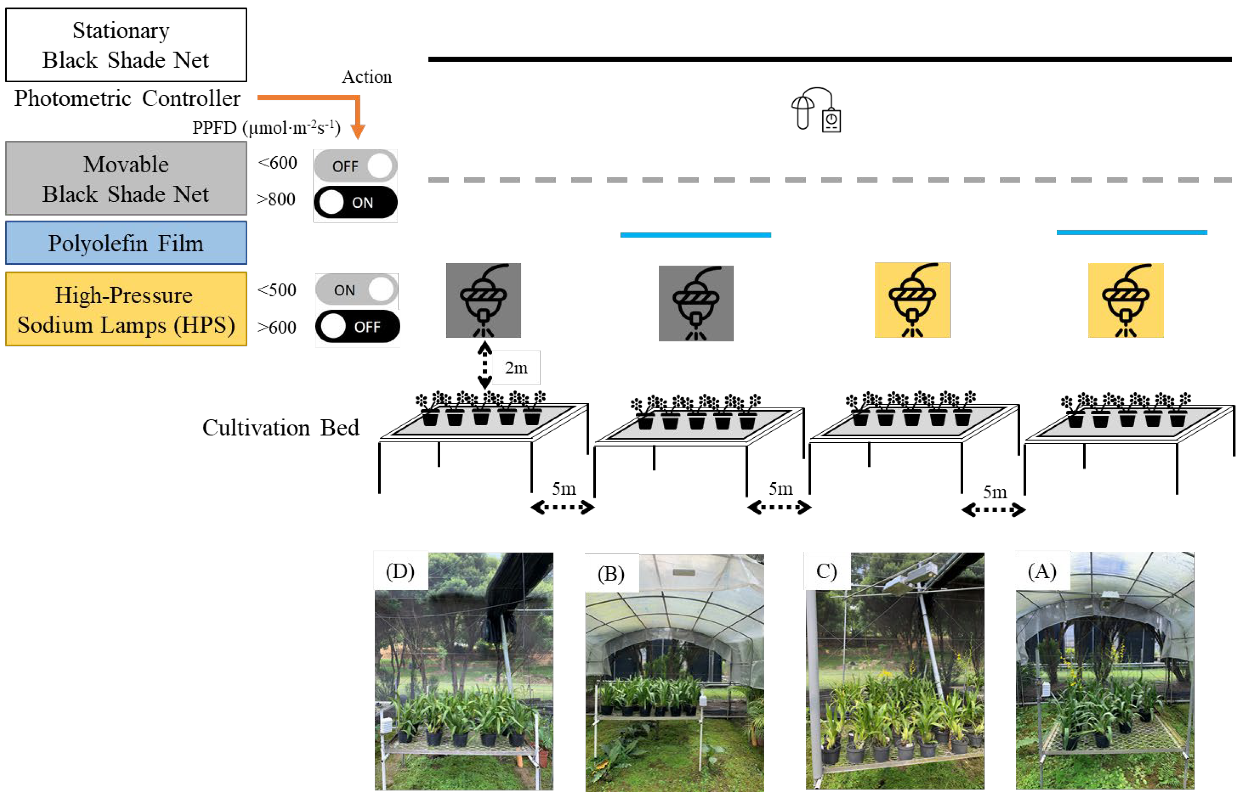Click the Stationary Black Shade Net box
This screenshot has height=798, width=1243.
[x=126, y=45]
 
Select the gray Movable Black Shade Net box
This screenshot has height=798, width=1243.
[x=126, y=178]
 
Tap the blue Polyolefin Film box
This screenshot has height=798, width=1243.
[x=126, y=243]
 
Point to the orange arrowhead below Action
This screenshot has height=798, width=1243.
[x=358, y=131]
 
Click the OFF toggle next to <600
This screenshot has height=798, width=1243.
[x=356, y=166]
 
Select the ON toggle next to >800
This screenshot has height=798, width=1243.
[x=356, y=202]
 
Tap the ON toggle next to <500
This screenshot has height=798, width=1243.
[x=357, y=289]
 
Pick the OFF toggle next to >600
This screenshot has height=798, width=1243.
[x=358, y=326]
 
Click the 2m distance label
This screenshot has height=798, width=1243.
[x=516, y=368]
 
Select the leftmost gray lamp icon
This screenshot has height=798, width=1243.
[x=483, y=300]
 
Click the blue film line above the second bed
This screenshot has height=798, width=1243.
[x=695, y=235]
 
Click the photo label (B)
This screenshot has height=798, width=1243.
[x=611, y=573]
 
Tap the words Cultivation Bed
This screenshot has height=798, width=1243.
[x=280, y=428]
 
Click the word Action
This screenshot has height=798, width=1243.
[x=367, y=77]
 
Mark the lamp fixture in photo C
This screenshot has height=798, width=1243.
[x=905, y=578]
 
